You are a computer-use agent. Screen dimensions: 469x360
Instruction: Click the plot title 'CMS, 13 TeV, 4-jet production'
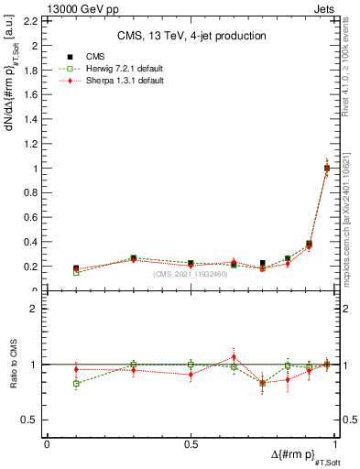(x=191, y=36)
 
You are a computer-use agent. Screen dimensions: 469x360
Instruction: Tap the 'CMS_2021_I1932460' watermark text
(x=191, y=274)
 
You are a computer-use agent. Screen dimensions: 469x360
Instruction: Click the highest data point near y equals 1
(x=327, y=168)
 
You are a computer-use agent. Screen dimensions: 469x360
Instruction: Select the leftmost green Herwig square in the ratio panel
(x=76, y=383)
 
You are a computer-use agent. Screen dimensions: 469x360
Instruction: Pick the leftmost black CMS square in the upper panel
(x=76, y=268)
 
